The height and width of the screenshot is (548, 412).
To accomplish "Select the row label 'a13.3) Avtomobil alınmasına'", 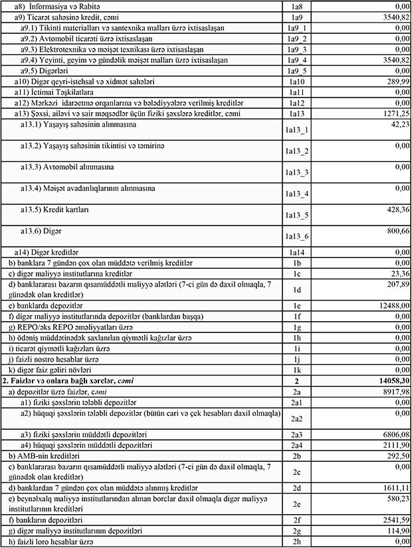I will coord(66,167).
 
